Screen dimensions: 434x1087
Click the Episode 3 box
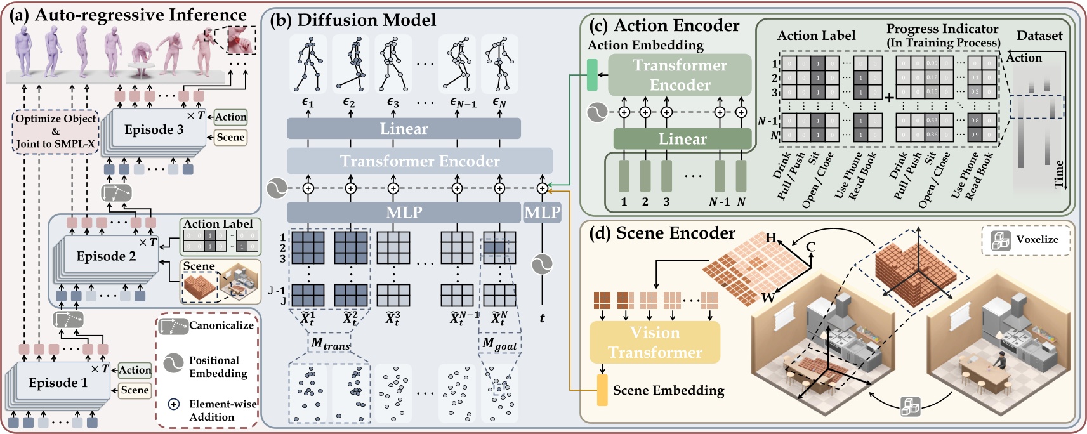154,130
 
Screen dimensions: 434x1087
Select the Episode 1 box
58,383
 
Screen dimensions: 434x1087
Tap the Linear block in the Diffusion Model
404,129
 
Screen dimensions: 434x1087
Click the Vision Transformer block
655,343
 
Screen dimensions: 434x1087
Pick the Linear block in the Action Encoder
682,139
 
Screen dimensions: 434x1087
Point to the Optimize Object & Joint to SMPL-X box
56,131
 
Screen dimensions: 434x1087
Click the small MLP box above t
542,213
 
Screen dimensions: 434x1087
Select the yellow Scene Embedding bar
602,390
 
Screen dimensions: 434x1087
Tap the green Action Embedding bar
593,75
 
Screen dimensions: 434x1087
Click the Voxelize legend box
1025,240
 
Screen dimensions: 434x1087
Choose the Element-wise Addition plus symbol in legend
173,404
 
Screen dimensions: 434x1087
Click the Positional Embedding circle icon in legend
173,363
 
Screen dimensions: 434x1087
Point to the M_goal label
499,344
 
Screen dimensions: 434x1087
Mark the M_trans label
330,344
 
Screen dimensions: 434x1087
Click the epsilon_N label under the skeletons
499,102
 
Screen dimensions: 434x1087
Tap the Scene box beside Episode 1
135,390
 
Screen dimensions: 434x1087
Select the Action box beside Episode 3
230,117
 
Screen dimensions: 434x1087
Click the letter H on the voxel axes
771,238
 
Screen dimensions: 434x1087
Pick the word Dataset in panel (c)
1039,36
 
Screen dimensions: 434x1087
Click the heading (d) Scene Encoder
662,233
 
